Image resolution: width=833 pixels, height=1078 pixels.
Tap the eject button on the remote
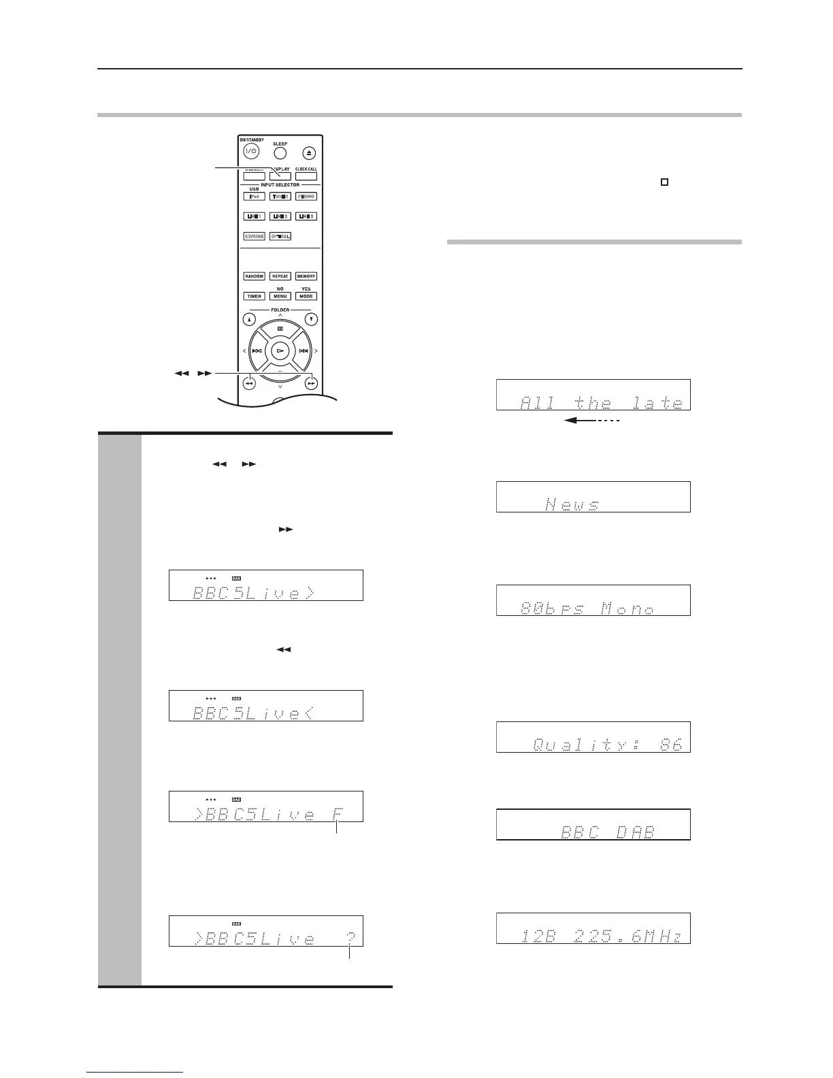(310, 153)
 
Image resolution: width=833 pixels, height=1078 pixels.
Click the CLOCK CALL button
(306, 176)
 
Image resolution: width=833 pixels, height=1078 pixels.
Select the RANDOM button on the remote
(254, 276)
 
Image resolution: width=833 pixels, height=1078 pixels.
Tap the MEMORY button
(306, 276)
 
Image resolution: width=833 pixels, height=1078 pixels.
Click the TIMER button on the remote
(254, 296)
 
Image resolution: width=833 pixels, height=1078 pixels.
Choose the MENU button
(280, 296)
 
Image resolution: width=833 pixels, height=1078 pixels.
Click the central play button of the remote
(280, 350)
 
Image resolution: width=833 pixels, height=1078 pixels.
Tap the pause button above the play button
(280, 328)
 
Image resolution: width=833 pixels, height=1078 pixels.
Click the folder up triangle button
(249, 318)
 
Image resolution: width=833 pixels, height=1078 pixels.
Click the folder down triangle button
(311, 318)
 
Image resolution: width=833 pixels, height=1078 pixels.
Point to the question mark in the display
(350, 938)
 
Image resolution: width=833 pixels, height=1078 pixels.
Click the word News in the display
(572, 504)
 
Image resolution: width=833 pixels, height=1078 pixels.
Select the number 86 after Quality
(670, 745)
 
